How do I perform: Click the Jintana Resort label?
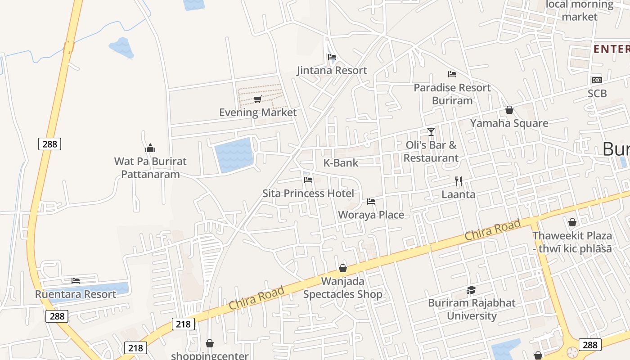pyautogui.click(x=332, y=70)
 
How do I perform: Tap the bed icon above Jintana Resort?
pyautogui.click(x=332, y=57)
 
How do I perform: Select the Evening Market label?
pyautogui.click(x=258, y=112)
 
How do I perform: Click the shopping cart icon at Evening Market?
pyautogui.click(x=257, y=99)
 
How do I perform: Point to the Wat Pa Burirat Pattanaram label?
pyautogui.click(x=150, y=167)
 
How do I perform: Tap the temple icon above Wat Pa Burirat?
pyautogui.click(x=150, y=148)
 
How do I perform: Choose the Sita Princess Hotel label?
pyautogui.click(x=308, y=193)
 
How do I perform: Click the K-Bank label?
pyautogui.click(x=341, y=163)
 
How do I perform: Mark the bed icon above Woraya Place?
pyautogui.click(x=371, y=201)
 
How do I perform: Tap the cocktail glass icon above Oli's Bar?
pyautogui.click(x=431, y=131)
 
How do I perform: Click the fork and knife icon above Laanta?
pyautogui.click(x=459, y=181)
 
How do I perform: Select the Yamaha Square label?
pyautogui.click(x=509, y=123)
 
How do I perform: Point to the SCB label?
pyautogui.click(x=597, y=94)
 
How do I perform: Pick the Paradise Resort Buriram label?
pyautogui.click(x=452, y=94)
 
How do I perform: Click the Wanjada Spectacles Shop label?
pyautogui.click(x=343, y=288)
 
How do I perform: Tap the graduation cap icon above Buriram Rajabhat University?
pyautogui.click(x=471, y=290)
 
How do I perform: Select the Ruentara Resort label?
pyautogui.click(x=76, y=294)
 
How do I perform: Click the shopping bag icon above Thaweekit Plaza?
pyautogui.click(x=572, y=222)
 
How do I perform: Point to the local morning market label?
pyautogui.click(x=580, y=10)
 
